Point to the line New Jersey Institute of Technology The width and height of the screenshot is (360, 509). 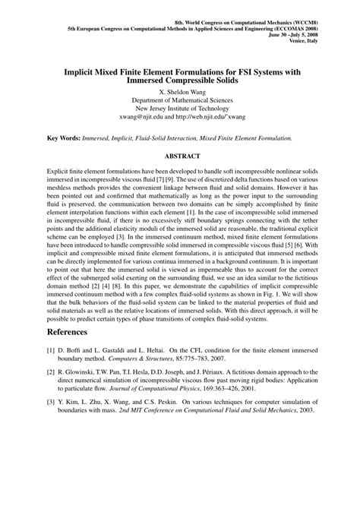coord(180,109)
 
